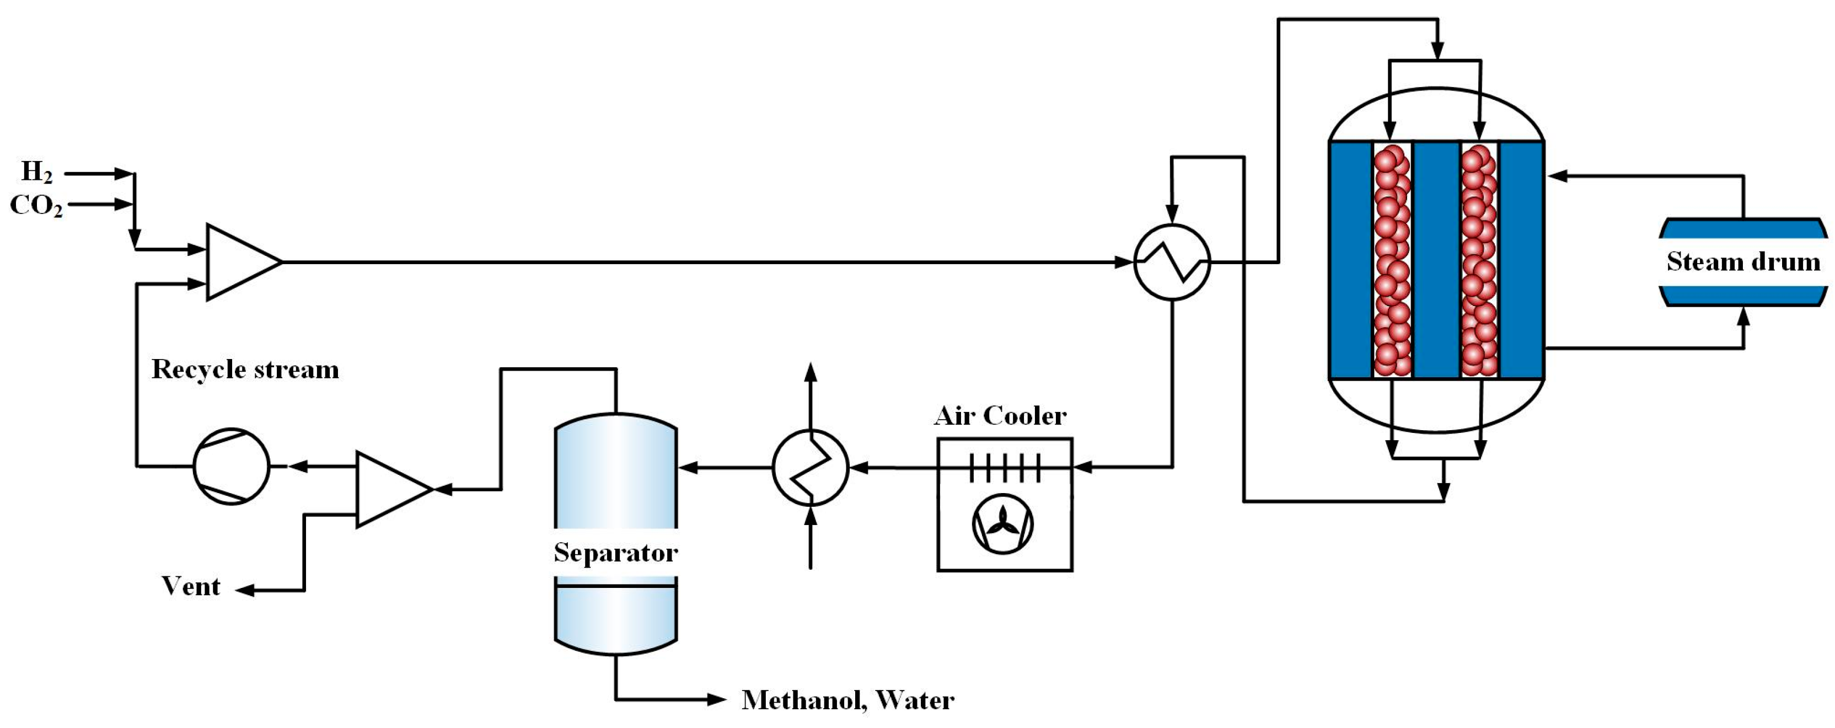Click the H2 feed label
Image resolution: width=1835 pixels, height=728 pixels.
36,173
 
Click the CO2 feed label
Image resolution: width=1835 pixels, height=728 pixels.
36,205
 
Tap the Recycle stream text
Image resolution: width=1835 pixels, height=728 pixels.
245,369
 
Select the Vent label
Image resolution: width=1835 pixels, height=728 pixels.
191,586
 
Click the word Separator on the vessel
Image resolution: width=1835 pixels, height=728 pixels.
615,552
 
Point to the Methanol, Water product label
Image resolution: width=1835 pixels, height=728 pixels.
847,700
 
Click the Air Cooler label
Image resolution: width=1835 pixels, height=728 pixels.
1000,415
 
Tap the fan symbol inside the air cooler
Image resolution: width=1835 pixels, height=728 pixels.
1003,524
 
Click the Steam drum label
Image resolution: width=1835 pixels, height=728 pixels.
1743,261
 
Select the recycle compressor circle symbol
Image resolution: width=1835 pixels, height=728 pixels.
232,467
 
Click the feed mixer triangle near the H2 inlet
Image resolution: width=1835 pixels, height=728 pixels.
239,261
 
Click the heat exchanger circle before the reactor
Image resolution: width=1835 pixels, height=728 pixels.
1172,261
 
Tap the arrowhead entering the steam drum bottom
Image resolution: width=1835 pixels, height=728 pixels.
1743,315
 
